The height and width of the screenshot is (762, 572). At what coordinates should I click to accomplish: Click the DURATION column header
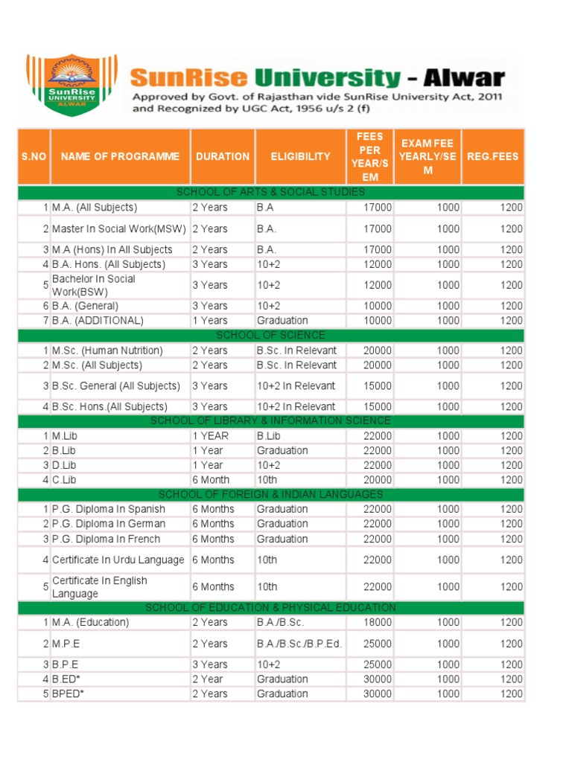pos(223,156)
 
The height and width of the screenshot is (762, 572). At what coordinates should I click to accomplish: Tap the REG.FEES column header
pos(492,156)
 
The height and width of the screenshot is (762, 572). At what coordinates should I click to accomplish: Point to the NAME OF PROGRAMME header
pos(120,156)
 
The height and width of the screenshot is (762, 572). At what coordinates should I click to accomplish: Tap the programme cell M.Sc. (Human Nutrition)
pos(107,350)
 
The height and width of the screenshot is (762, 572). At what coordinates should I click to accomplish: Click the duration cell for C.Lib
pos(210,480)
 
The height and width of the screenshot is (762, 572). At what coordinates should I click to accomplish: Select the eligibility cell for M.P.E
pos(299,644)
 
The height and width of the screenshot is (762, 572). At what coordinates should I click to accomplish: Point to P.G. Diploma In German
pos(109,524)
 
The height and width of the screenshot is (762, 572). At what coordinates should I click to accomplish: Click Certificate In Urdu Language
pos(118,560)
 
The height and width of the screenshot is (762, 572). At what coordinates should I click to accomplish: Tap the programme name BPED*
pos(68,694)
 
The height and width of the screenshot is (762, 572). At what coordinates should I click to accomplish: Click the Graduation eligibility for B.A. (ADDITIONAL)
pos(282,321)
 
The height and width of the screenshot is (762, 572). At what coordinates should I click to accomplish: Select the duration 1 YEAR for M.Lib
pos(211,436)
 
